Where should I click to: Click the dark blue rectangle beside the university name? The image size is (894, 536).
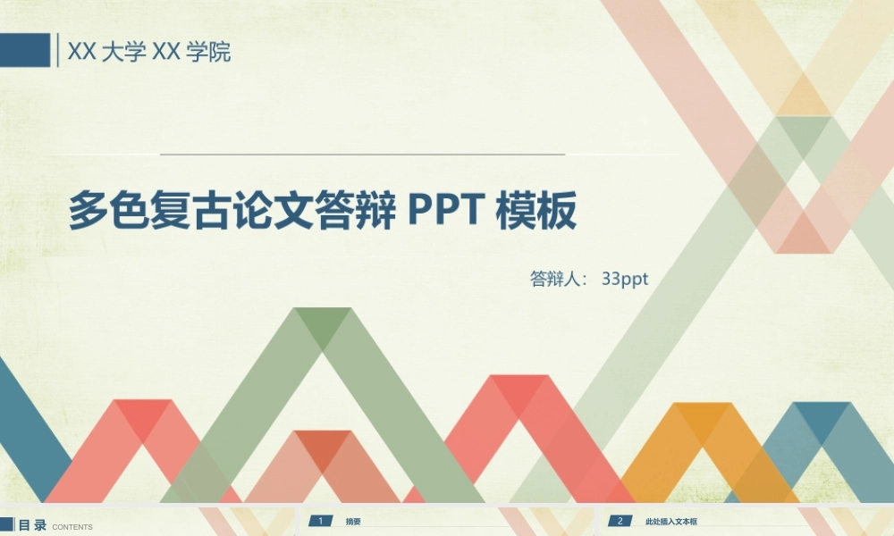point(24,50)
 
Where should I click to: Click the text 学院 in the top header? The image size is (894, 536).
point(208,53)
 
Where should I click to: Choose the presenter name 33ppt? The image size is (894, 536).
point(624,279)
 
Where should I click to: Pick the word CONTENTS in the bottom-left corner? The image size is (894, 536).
point(72,527)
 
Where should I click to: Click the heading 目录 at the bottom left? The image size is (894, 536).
point(32,525)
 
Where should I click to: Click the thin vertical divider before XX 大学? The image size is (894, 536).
point(58,50)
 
